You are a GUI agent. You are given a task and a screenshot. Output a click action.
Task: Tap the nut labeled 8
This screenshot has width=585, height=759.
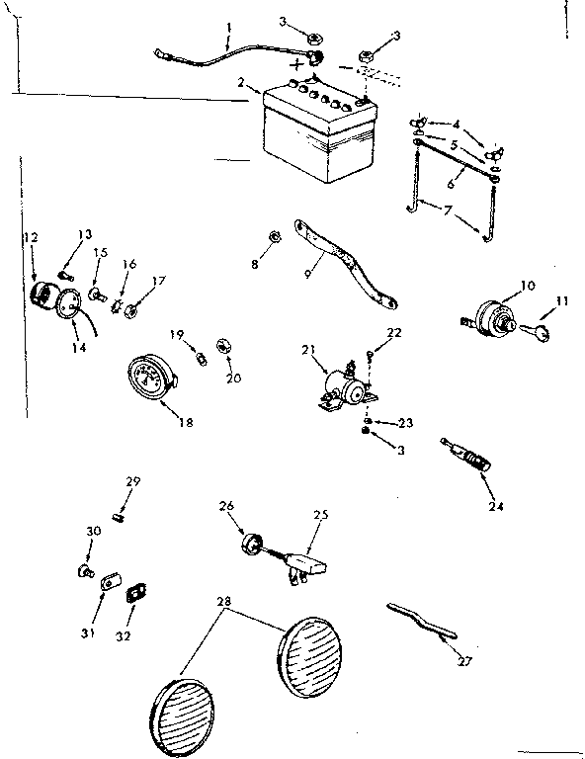[277, 236]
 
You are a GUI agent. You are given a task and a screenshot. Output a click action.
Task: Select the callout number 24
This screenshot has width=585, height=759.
[495, 506]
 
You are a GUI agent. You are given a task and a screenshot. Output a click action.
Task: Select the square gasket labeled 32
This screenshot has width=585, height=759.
[136, 592]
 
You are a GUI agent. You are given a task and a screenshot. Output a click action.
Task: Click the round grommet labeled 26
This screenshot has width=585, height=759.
[250, 545]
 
